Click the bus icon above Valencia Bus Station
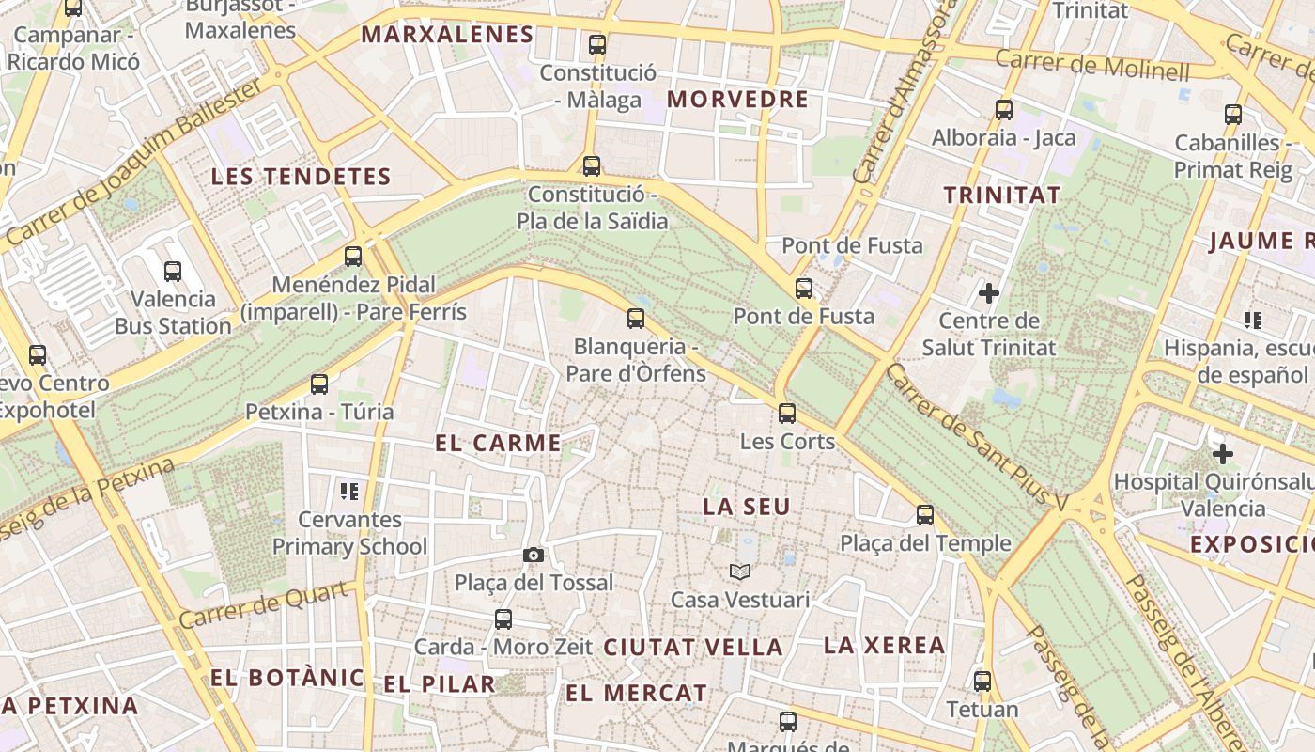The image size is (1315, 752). tap(173, 272)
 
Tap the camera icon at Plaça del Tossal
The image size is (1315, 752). tap(534, 556)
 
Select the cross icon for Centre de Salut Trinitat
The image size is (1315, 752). tap(989, 293)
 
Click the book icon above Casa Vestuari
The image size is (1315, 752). tap(740, 572)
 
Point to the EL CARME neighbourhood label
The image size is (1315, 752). tap(499, 444)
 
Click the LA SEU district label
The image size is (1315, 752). tap(747, 507)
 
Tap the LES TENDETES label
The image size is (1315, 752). tap(301, 177)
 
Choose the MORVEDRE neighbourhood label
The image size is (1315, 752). tap(737, 100)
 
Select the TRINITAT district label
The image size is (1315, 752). tap(1002, 196)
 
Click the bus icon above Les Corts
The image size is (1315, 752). tap(787, 413)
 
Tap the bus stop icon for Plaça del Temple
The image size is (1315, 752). tap(925, 515)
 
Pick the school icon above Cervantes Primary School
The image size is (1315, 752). tap(350, 491)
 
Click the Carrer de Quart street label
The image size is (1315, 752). tap(269, 605)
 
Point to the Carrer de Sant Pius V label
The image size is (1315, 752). tap(977, 438)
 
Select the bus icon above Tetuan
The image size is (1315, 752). tap(982, 681)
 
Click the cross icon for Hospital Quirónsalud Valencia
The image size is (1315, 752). tap(1222, 455)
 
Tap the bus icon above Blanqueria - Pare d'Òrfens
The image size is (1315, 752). tap(636, 319)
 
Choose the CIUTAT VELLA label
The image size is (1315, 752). tap(693, 648)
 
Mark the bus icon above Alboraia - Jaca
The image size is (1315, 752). tap(1004, 110)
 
